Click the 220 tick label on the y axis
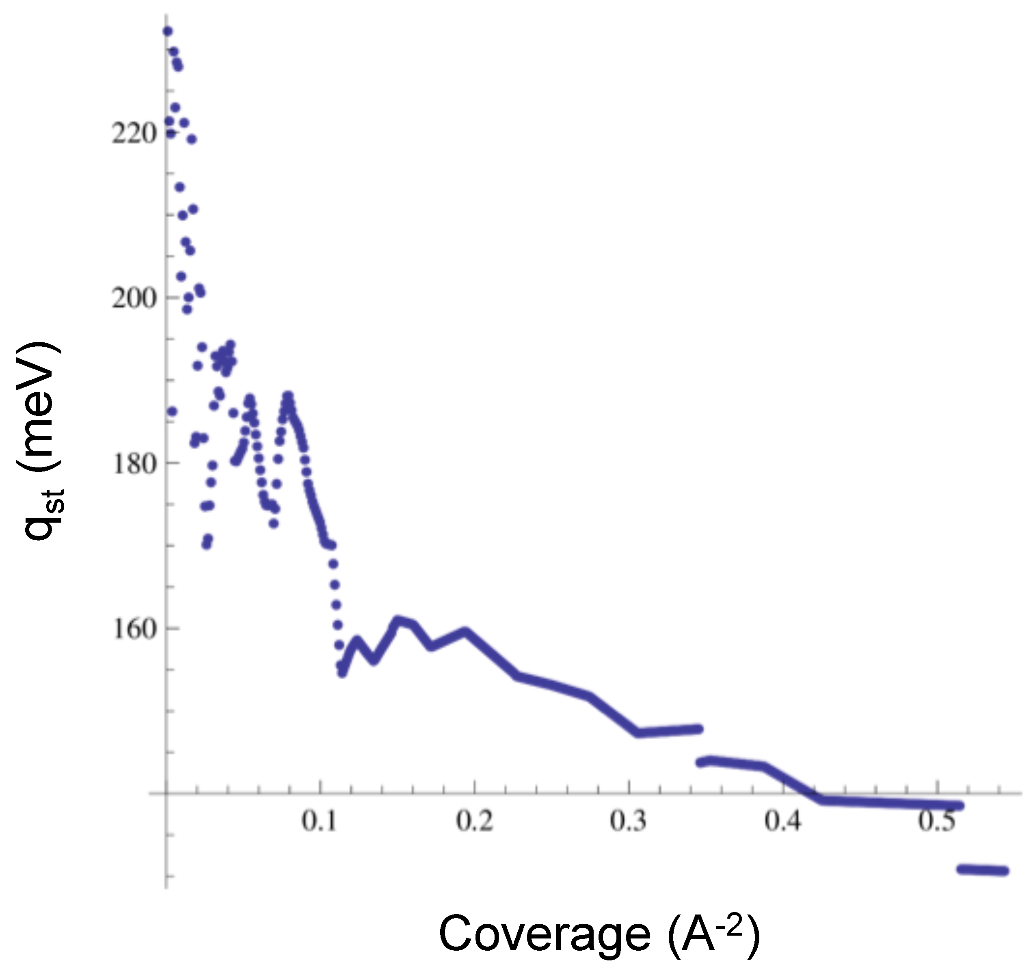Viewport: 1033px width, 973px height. tap(134, 134)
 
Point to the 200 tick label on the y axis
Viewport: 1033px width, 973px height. tap(134, 298)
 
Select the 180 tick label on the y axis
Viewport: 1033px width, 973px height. tap(134, 464)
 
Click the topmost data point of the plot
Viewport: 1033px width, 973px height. tap(167, 32)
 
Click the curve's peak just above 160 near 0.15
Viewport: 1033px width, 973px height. tap(398, 620)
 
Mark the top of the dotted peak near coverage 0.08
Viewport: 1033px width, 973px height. tap(288, 396)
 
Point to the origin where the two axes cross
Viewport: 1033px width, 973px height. tap(166, 793)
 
